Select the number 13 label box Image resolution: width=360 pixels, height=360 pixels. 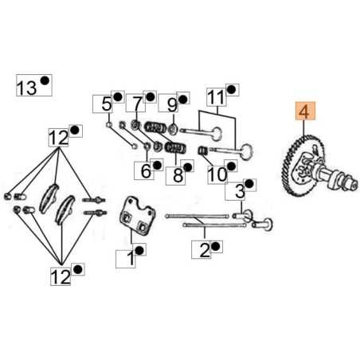[26, 86]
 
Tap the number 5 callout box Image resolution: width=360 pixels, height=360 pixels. [106, 103]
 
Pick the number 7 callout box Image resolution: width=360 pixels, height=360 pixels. [136, 103]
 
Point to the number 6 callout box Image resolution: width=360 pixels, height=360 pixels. [146, 168]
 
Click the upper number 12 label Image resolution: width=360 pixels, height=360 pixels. [58, 138]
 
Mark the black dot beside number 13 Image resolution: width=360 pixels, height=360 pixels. [45, 82]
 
